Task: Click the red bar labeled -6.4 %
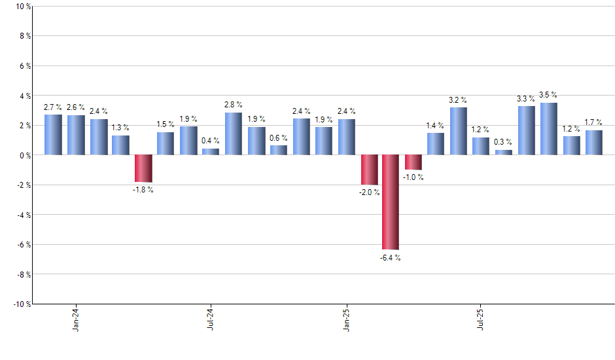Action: pos(391,202)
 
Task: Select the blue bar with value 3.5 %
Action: pos(548,129)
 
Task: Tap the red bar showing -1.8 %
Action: pos(143,168)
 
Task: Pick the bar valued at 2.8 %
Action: pos(234,134)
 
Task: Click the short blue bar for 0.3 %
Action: pos(504,153)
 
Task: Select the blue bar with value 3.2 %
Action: pos(458,131)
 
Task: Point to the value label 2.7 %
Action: pos(53,107)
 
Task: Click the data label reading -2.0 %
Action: pos(370,192)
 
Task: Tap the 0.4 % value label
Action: pos(211,141)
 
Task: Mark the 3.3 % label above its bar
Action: pos(526,99)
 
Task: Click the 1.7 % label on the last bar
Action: pos(593,122)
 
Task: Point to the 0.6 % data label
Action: pos(278,137)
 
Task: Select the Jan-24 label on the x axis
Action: pos(76,318)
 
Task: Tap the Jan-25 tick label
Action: pos(346,318)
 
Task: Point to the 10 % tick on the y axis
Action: pos(22,7)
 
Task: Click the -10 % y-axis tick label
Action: pos(21,304)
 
